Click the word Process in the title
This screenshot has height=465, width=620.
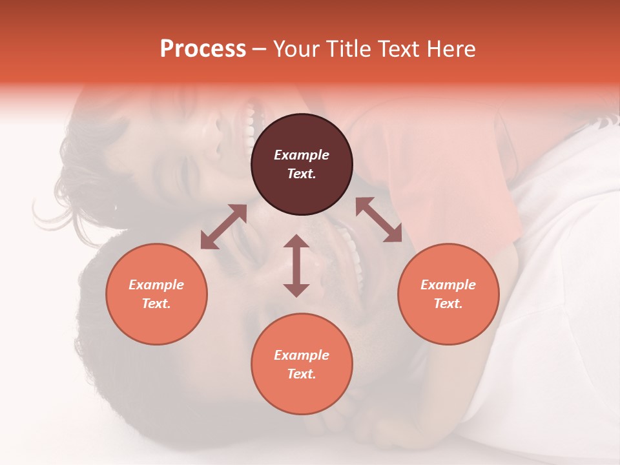[x=203, y=49]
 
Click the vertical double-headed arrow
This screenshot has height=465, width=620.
[x=296, y=265]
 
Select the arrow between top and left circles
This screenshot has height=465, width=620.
[x=223, y=226]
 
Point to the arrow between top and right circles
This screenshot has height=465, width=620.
[x=379, y=220]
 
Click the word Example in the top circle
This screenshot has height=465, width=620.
[x=302, y=155]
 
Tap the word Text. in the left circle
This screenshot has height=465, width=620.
[x=156, y=304]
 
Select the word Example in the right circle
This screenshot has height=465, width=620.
[x=448, y=285]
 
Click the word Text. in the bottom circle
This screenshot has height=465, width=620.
[x=302, y=374]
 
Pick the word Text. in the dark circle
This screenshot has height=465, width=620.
[x=302, y=174]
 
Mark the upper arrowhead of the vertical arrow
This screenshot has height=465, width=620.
[x=296, y=242]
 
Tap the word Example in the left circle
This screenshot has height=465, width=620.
[x=156, y=285]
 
